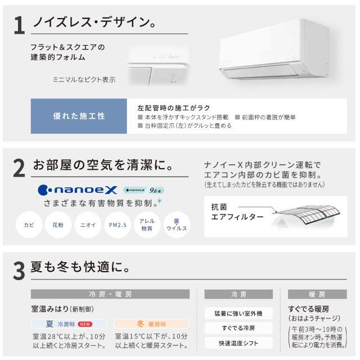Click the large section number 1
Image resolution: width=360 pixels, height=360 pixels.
coord(19,27)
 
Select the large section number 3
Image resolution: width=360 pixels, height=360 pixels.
coord(19,269)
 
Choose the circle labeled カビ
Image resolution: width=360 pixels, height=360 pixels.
coord(29,225)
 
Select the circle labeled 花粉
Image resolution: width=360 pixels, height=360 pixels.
coord(58,225)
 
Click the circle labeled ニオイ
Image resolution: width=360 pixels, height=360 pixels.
coord(87,225)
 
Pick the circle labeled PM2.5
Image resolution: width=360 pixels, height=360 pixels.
coord(116,225)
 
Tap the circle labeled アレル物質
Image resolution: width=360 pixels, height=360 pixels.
coord(146,225)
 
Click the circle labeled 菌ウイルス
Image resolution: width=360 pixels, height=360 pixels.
coord(175,225)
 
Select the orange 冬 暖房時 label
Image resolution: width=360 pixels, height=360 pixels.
coord(143,324)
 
